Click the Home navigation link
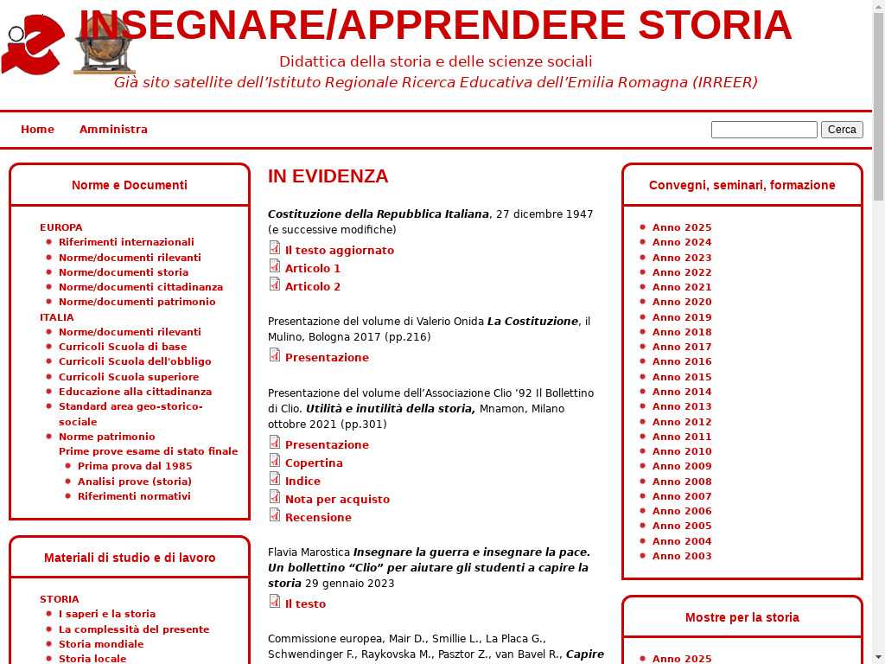[x=37, y=130]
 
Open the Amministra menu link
[x=113, y=130]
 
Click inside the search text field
[x=763, y=130]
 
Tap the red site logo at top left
[x=33, y=45]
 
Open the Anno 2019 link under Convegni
[x=682, y=317]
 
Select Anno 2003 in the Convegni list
[x=682, y=556]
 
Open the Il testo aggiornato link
[x=340, y=251]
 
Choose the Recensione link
[x=318, y=518]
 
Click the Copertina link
[x=314, y=463]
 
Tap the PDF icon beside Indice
[x=275, y=479]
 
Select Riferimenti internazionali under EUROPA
[x=126, y=242]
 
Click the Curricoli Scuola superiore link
[x=129, y=377]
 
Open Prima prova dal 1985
[x=135, y=466]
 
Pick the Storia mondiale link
[x=101, y=644]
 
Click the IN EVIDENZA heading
[x=328, y=176]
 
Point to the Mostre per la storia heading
[x=742, y=617]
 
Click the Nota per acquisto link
[x=337, y=500]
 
